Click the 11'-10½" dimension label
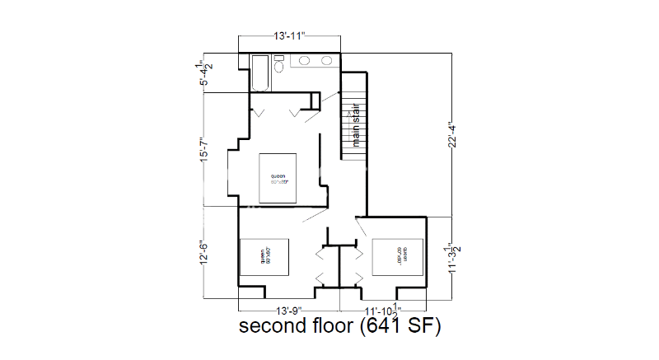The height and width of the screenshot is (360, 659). (x=382, y=311)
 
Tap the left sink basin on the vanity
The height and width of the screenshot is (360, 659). (x=305, y=61)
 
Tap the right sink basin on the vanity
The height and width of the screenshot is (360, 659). (x=326, y=61)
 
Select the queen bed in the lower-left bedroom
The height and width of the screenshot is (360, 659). (x=264, y=258)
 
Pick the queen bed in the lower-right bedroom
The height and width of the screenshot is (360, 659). (x=398, y=257)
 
